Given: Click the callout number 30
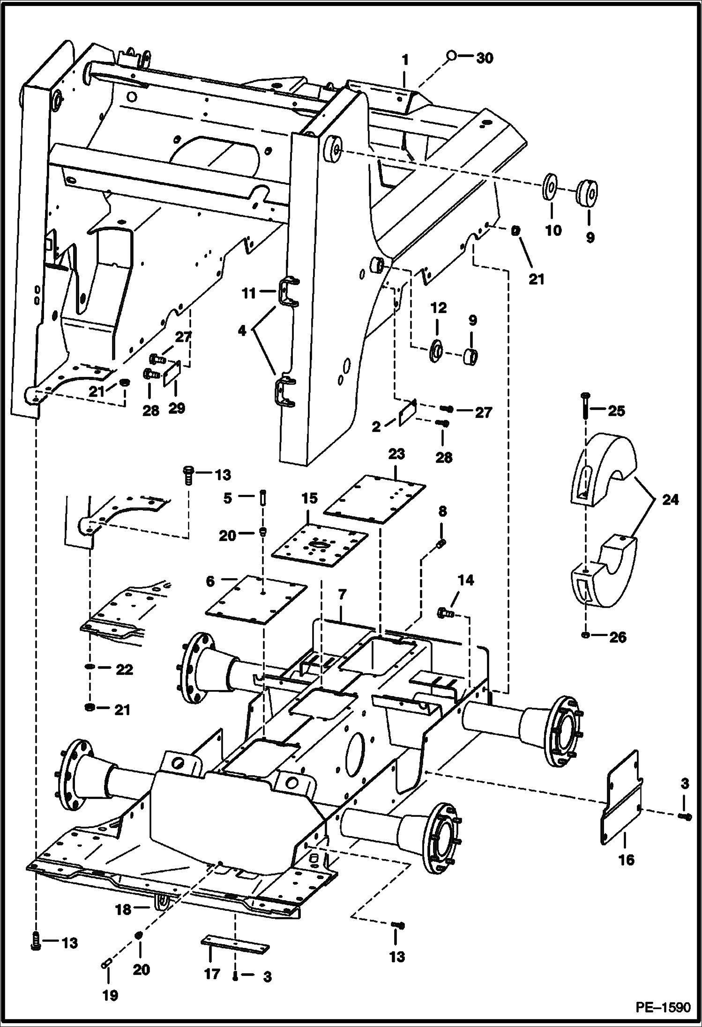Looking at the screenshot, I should point(485,59).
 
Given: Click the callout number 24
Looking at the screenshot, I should point(670,500).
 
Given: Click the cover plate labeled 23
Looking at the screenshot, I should point(375,500).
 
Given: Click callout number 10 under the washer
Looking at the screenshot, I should point(553,230).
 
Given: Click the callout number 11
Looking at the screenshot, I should point(249,293).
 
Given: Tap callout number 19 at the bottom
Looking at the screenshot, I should point(110,996).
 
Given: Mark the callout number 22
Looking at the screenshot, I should point(124,670).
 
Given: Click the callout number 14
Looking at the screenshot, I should point(465,580).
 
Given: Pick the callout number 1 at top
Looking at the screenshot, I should point(405,60).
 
